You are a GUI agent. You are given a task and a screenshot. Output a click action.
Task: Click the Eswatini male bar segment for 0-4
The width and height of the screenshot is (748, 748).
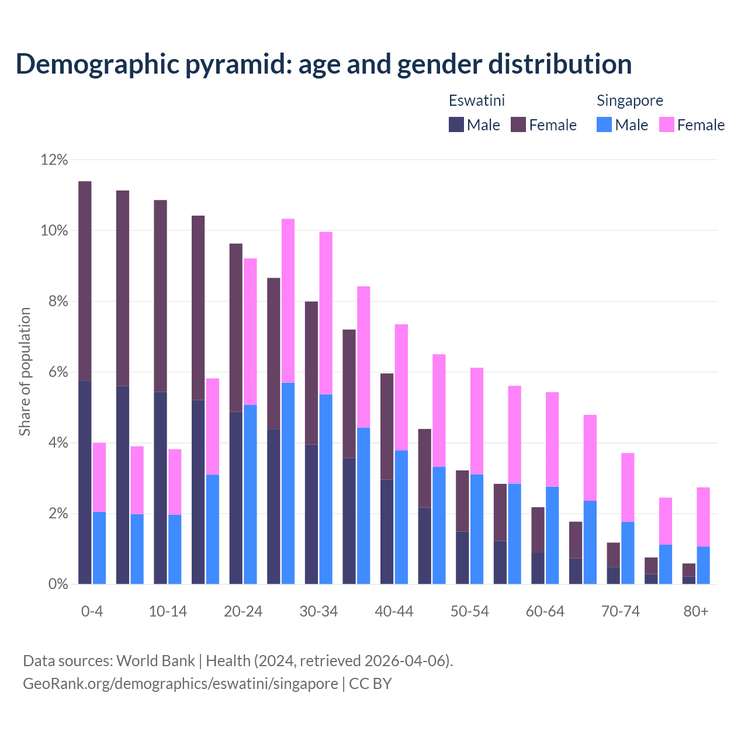(85, 482)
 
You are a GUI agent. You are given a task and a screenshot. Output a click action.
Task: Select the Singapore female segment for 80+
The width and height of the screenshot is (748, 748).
(703, 517)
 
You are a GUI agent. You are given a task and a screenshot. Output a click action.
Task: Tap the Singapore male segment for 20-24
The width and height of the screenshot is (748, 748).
(250, 494)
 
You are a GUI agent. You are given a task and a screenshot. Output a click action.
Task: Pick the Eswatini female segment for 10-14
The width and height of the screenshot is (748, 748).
(160, 296)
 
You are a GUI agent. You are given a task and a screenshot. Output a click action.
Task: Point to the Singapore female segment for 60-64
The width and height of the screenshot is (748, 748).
(552, 439)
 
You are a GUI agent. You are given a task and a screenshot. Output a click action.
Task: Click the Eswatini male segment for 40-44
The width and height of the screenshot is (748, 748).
(387, 532)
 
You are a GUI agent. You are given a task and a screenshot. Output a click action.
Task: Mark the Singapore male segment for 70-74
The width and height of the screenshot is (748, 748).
(628, 553)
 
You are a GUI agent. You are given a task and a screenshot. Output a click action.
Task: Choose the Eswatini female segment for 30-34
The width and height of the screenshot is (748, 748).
(311, 373)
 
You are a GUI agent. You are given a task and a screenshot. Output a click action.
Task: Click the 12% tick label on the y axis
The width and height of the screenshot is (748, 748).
(54, 160)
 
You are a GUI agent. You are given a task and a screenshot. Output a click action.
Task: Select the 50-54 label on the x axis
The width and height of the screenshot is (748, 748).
(469, 611)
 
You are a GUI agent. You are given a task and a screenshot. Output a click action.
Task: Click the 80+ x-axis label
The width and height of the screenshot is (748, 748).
(696, 611)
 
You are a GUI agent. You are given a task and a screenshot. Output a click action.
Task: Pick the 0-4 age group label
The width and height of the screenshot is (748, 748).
(92, 611)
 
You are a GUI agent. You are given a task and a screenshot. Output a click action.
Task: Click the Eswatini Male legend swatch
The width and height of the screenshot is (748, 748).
(456, 124)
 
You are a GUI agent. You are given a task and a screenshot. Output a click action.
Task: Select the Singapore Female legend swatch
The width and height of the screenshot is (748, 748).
(667, 124)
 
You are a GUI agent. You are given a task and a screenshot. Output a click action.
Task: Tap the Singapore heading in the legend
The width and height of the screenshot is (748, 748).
(629, 101)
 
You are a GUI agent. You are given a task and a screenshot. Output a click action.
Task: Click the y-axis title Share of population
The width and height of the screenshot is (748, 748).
(25, 372)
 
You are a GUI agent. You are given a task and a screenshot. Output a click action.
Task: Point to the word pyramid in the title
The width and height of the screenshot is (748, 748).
(237, 64)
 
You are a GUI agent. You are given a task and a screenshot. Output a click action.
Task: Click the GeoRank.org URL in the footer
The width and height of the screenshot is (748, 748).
(180, 683)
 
